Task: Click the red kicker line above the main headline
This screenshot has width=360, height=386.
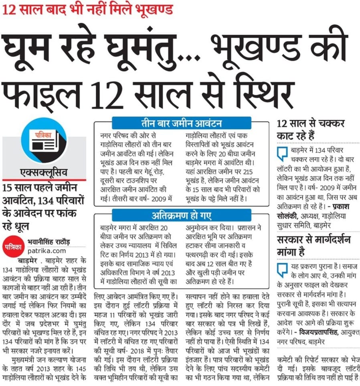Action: point(88,9)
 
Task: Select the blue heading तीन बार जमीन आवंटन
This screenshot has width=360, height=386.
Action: point(181,123)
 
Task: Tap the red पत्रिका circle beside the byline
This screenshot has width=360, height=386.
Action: point(13,246)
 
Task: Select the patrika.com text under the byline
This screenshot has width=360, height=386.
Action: point(42,250)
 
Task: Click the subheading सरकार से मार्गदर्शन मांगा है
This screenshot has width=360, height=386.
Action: point(313,246)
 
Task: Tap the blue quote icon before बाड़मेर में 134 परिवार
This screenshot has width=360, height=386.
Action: point(283,153)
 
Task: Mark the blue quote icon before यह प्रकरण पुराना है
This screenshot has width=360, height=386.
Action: point(283,268)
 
